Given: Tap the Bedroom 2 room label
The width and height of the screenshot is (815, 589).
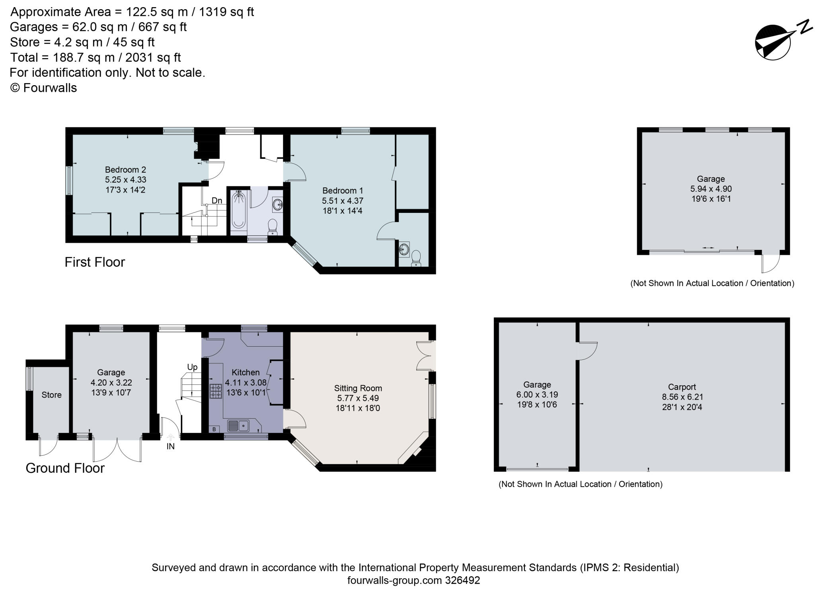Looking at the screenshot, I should pos(125,170).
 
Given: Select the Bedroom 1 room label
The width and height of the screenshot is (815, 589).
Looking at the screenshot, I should pos(342,191).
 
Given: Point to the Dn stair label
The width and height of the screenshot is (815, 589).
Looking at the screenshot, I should pos(216,201).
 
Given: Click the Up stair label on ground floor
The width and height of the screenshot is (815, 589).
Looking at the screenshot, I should pos(192,367).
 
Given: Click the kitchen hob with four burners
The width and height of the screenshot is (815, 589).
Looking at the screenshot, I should pos(216,391).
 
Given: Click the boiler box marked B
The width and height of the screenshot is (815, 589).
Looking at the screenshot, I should pos(214,429).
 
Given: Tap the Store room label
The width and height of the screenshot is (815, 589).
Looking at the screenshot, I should pos(51,395).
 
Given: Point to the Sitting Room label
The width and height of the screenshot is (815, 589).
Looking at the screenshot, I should pos(358,388).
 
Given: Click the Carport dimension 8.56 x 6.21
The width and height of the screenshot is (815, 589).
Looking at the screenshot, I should pos(682,397).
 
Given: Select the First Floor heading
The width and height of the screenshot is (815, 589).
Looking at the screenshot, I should pos(95,262).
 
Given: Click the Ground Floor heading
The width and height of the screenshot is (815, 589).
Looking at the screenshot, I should pos(65,468).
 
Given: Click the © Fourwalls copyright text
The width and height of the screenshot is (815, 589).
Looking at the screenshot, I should pos(43,88).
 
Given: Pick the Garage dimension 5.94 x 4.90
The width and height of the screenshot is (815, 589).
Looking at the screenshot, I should pos(711,189).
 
